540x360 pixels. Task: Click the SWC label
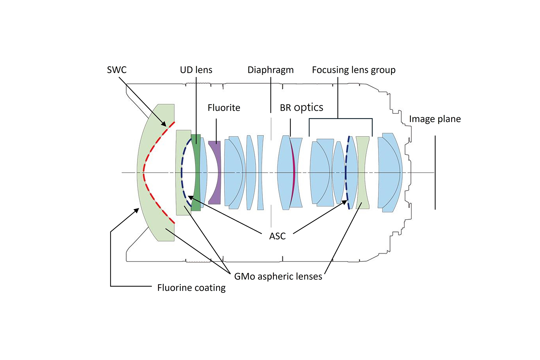click(117, 70)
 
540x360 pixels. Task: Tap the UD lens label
click(196, 70)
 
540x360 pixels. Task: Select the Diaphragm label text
click(270, 70)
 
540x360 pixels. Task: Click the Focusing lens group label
click(354, 70)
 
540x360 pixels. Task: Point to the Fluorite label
click(224, 108)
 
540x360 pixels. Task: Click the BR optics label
click(301, 108)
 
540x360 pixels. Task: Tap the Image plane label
click(435, 119)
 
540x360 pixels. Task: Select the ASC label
click(277, 236)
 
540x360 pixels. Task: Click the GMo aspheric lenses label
click(278, 276)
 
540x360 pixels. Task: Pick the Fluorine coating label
click(191, 288)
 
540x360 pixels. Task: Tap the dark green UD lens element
click(196, 180)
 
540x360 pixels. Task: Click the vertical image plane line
click(435, 172)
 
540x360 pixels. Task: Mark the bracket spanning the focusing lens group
click(340, 118)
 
